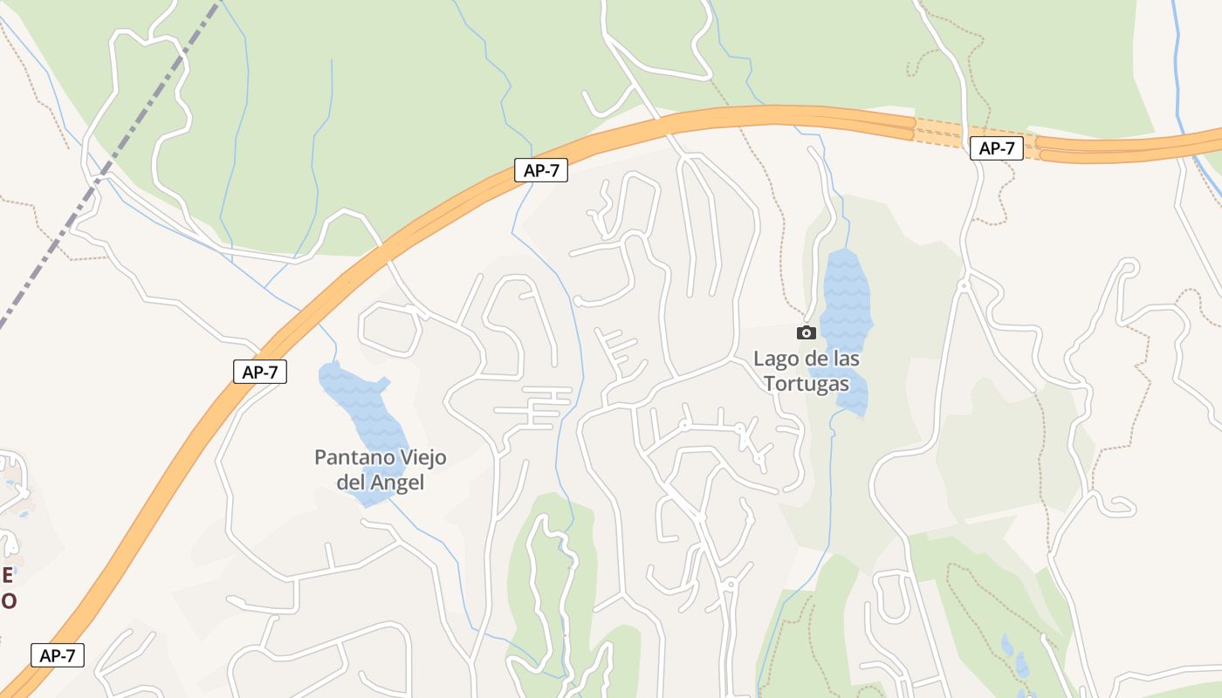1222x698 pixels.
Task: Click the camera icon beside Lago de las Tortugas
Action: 806,332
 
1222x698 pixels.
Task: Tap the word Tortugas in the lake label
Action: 807,383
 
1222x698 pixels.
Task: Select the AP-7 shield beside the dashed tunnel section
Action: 996,148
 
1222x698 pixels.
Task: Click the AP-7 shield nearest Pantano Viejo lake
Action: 260,372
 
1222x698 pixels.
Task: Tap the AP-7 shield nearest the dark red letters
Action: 58,655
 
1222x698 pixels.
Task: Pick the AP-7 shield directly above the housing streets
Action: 541,170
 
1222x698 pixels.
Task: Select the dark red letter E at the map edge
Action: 7,575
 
